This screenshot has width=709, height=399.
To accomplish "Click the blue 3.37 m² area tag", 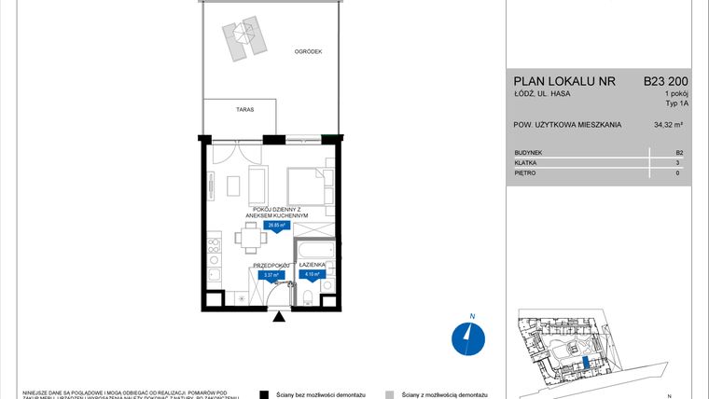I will (x=271, y=276).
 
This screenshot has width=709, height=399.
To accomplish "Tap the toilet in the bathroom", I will (x=307, y=297).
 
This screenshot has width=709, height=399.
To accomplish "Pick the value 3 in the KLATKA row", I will (x=679, y=162).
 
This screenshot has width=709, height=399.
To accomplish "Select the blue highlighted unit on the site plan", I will (x=585, y=364).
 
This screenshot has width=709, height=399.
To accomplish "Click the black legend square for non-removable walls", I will (x=264, y=394).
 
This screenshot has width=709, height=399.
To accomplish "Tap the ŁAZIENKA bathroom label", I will (x=312, y=265).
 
